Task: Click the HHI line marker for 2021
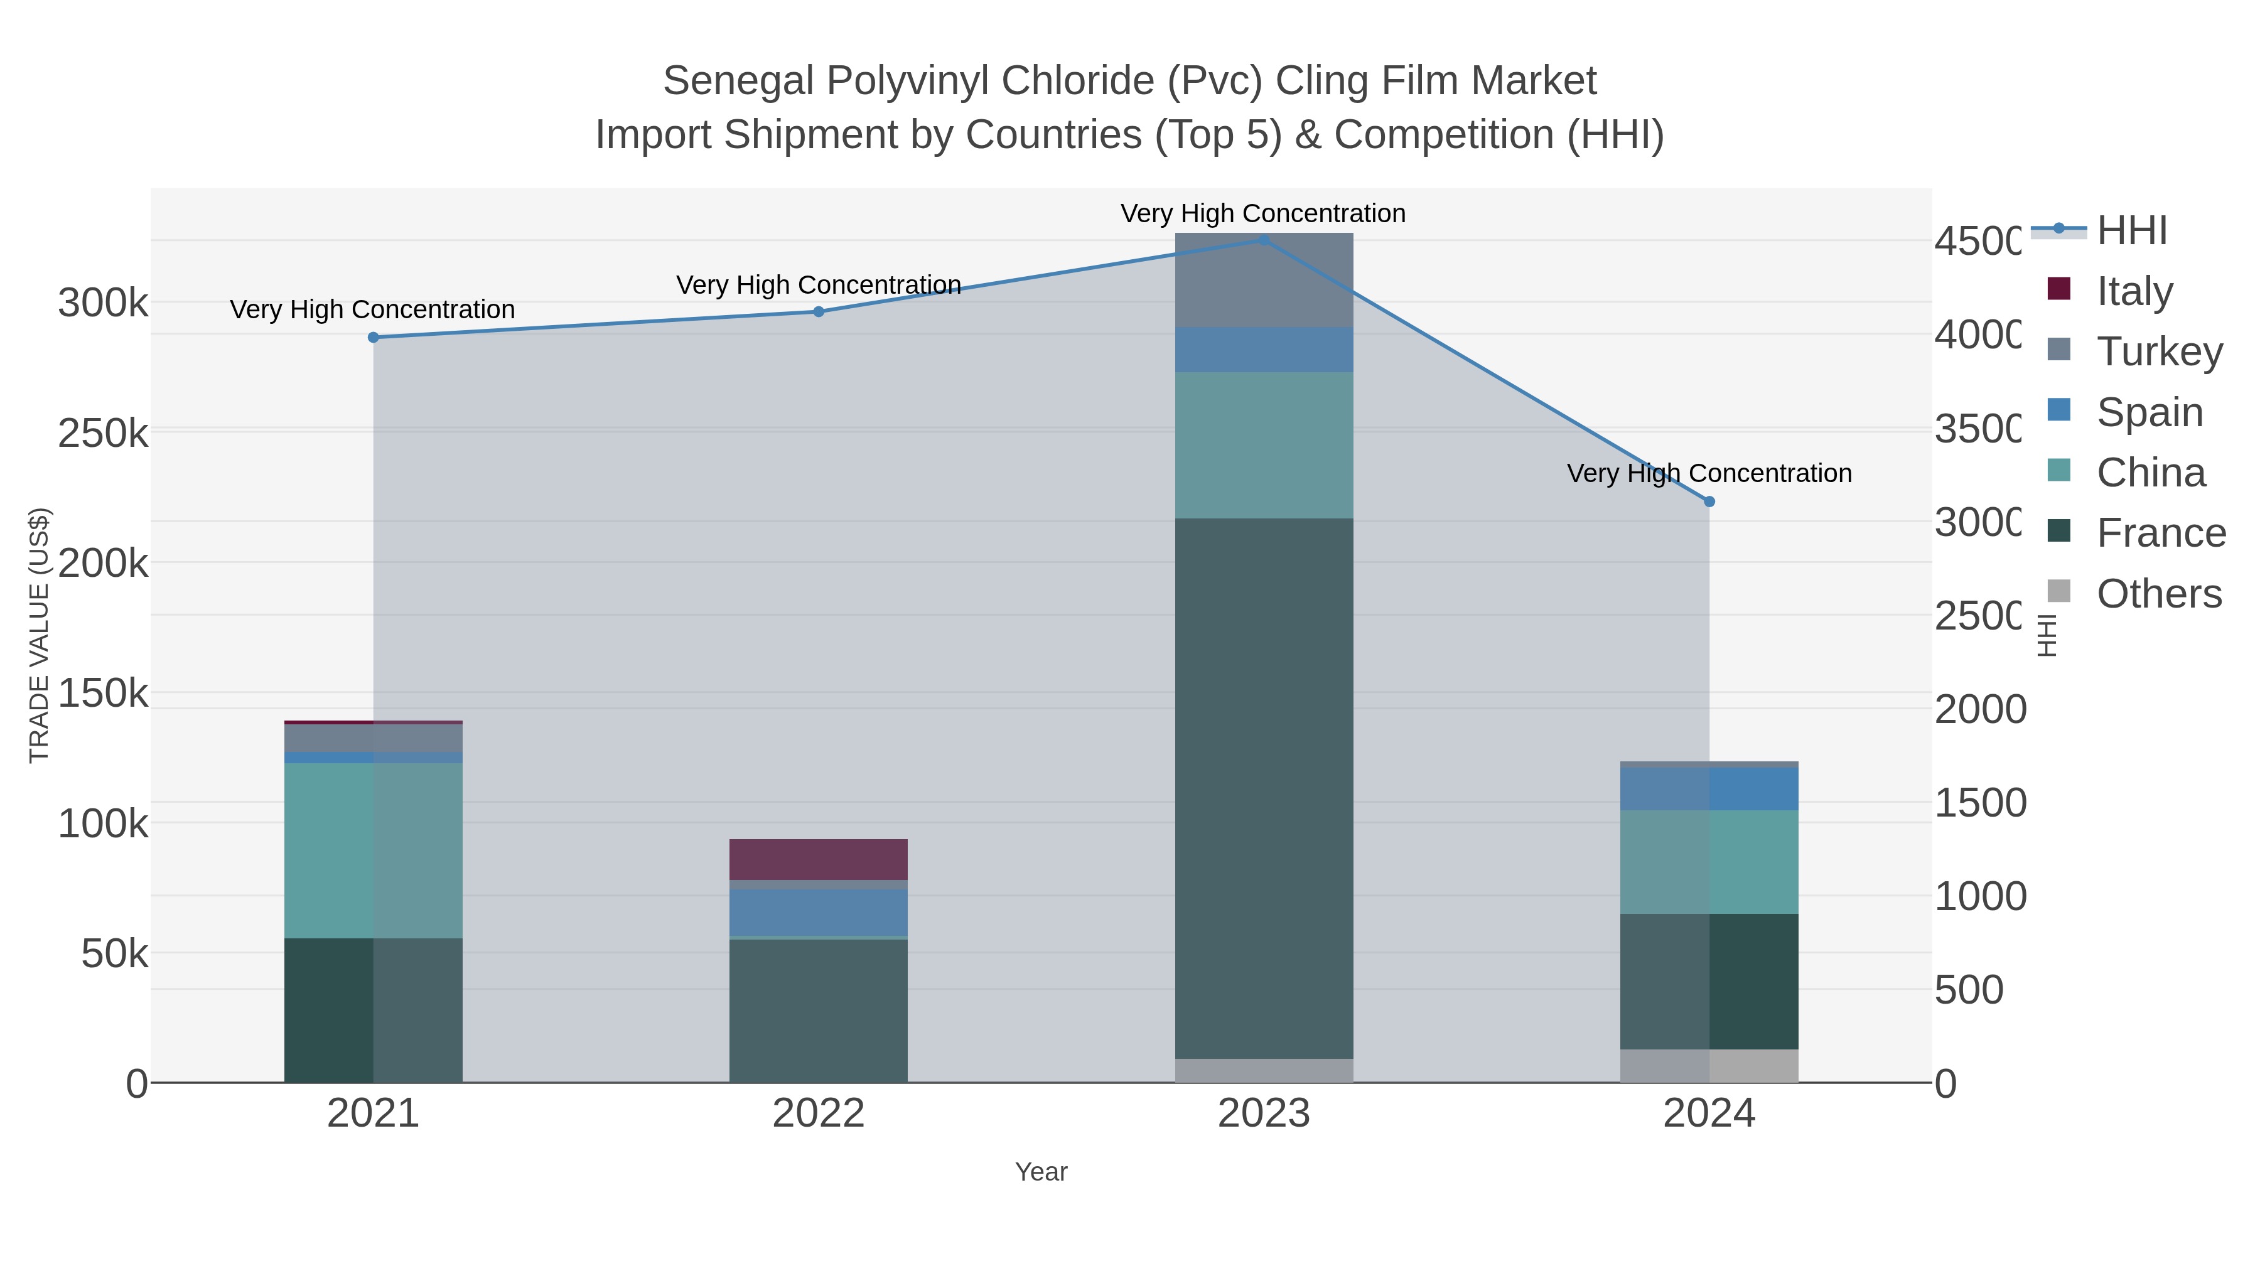click(373, 338)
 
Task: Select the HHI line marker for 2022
click(819, 311)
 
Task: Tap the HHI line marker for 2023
click(1263, 240)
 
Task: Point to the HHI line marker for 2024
click(1709, 501)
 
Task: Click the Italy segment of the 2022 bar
click(819, 860)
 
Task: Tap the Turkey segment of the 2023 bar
click(1263, 280)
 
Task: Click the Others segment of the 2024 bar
click(1709, 1066)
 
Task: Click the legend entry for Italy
click(2134, 291)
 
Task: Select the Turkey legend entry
click(2158, 351)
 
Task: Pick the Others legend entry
click(2158, 594)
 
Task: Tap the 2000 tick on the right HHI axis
click(1980, 710)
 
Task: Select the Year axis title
click(1041, 1172)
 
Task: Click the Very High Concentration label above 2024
click(1709, 474)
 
